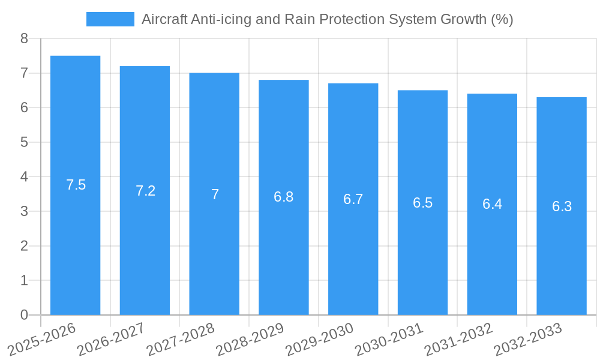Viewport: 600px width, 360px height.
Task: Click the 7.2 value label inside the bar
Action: (145, 191)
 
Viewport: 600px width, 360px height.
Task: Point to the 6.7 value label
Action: (353, 199)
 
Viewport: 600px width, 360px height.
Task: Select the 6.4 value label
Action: (492, 204)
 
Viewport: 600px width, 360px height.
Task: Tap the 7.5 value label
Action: (76, 185)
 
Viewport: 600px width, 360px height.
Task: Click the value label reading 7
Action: (215, 194)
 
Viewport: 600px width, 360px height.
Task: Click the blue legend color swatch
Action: (110, 19)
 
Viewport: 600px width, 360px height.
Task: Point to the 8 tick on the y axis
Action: (24, 38)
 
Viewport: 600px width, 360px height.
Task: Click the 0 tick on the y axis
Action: (24, 315)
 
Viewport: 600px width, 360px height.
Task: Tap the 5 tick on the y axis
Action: (24, 142)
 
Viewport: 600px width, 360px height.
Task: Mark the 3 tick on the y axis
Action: (24, 211)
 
